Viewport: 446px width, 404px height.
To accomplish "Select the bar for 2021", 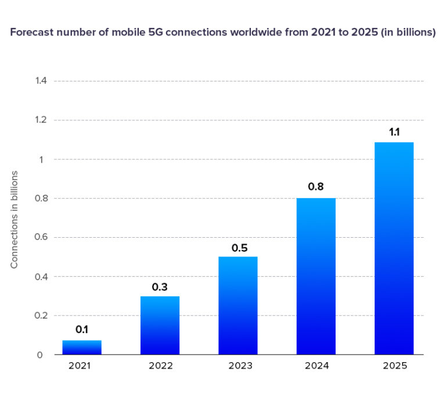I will (x=82, y=348).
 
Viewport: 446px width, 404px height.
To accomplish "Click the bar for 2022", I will (x=160, y=326).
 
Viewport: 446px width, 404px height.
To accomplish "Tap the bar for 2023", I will (x=238, y=306).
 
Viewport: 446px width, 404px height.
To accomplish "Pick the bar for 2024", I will (x=316, y=277).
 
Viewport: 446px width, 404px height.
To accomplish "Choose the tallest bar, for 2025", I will (x=394, y=248).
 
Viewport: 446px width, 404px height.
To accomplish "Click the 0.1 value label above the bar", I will (x=82, y=330).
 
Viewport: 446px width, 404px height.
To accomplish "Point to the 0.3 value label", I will (x=160, y=286).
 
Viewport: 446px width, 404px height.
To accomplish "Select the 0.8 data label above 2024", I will (x=316, y=187).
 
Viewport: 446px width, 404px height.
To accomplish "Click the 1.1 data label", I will (x=394, y=132).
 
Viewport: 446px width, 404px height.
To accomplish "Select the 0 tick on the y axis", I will (x=40, y=355).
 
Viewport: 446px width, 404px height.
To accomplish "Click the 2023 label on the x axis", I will (x=238, y=366).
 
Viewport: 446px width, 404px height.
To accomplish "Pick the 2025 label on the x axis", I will (x=394, y=366).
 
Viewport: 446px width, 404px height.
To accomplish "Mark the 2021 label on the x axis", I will (x=82, y=366).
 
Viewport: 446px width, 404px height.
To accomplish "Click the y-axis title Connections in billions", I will (x=15, y=219).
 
